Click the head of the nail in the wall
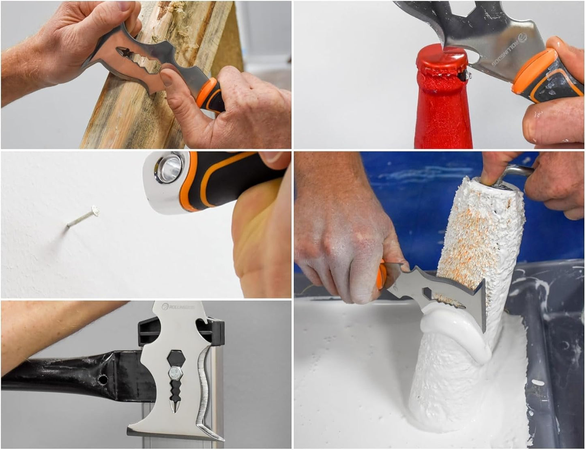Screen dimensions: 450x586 95,209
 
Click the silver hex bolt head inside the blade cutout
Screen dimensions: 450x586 175,372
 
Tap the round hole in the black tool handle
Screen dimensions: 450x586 103,380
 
